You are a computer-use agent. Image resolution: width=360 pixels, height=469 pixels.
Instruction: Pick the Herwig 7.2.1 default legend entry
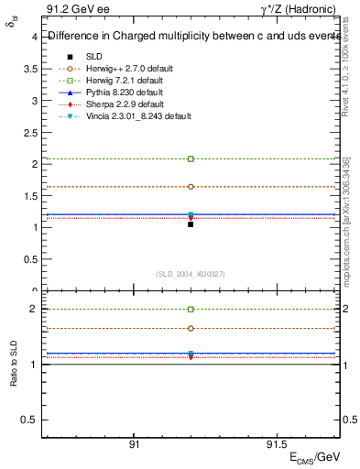pos(121,80)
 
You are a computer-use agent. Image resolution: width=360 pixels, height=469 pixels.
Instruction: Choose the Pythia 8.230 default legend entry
pos(120,93)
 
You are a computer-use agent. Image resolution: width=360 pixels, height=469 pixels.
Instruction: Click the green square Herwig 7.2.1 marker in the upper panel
pos(191,158)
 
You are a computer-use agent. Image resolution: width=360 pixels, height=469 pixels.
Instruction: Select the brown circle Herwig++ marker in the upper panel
pos(191,186)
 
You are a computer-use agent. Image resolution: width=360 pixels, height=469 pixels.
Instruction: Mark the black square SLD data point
pos(191,224)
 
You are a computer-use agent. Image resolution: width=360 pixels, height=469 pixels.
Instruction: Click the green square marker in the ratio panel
pos(191,310)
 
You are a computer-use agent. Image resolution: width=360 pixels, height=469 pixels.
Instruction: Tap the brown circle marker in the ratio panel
pos(191,328)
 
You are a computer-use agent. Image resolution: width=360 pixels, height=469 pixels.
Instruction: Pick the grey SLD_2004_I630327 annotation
pos(191,274)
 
